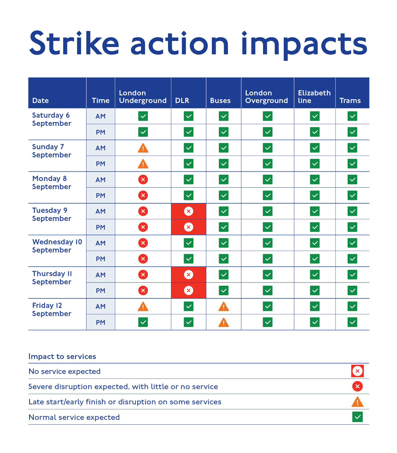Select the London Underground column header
pyautogui.click(x=143, y=97)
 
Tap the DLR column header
pyautogui.click(x=182, y=101)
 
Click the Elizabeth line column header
pyautogui.click(x=314, y=97)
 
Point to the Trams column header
pyautogui.click(x=350, y=101)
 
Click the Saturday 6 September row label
pyautogui.click(x=51, y=119)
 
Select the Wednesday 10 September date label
pyautogui.click(x=57, y=246)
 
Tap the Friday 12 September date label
pyautogui.click(x=51, y=310)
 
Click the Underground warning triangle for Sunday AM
pyautogui.click(x=143, y=148)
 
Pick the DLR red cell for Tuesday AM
pyautogui.click(x=188, y=211)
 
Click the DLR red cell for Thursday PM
pyautogui.click(x=188, y=290)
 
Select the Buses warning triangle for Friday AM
pyautogui.click(x=224, y=307)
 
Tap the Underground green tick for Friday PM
pyautogui.click(x=143, y=322)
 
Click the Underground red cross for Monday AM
pyautogui.click(x=143, y=179)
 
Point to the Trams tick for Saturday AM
pyautogui.click(x=352, y=116)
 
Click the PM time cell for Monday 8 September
pyautogui.click(x=100, y=195)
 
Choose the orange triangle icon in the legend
pyautogui.click(x=357, y=402)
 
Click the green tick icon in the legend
pyautogui.click(x=357, y=417)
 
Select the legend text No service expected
pyautogui.click(x=65, y=371)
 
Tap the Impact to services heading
pyautogui.click(x=62, y=357)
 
